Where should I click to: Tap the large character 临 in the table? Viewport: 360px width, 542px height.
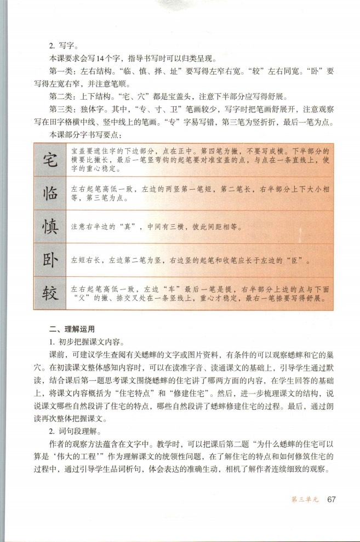pyautogui.click(x=51, y=194)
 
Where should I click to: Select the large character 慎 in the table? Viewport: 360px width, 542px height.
pyautogui.click(x=51, y=226)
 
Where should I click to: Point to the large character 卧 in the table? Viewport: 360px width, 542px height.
pyautogui.click(x=51, y=260)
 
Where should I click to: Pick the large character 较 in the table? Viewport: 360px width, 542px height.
pyautogui.click(x=51, y=293)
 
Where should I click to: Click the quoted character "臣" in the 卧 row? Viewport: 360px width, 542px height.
pyautogui.click(x=294, y=261)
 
